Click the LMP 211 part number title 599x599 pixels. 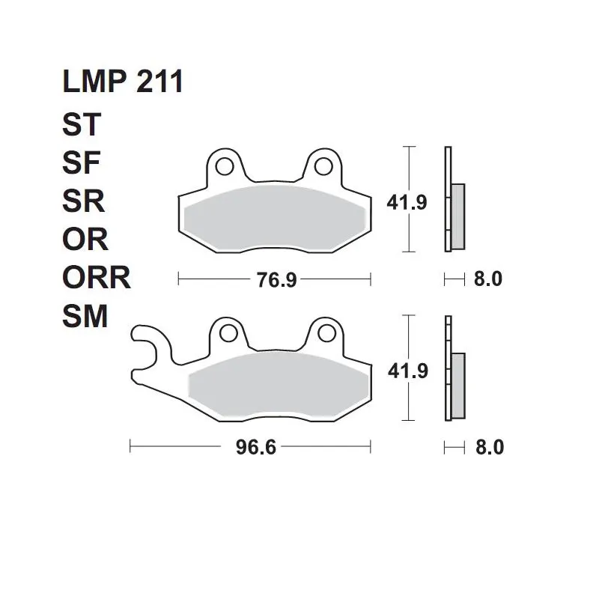pos(123,82)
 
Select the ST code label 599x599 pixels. pos(82,124)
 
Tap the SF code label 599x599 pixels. pos(81,162)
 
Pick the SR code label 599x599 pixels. pos(83,201)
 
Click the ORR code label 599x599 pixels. pos(97,278)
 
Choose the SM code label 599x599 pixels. pos(85,316)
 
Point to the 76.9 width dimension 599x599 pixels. pos(276,279)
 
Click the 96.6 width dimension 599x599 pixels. pos(255,447)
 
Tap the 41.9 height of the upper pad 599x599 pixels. pos(407,202)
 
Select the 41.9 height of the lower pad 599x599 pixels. pos(407,371)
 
